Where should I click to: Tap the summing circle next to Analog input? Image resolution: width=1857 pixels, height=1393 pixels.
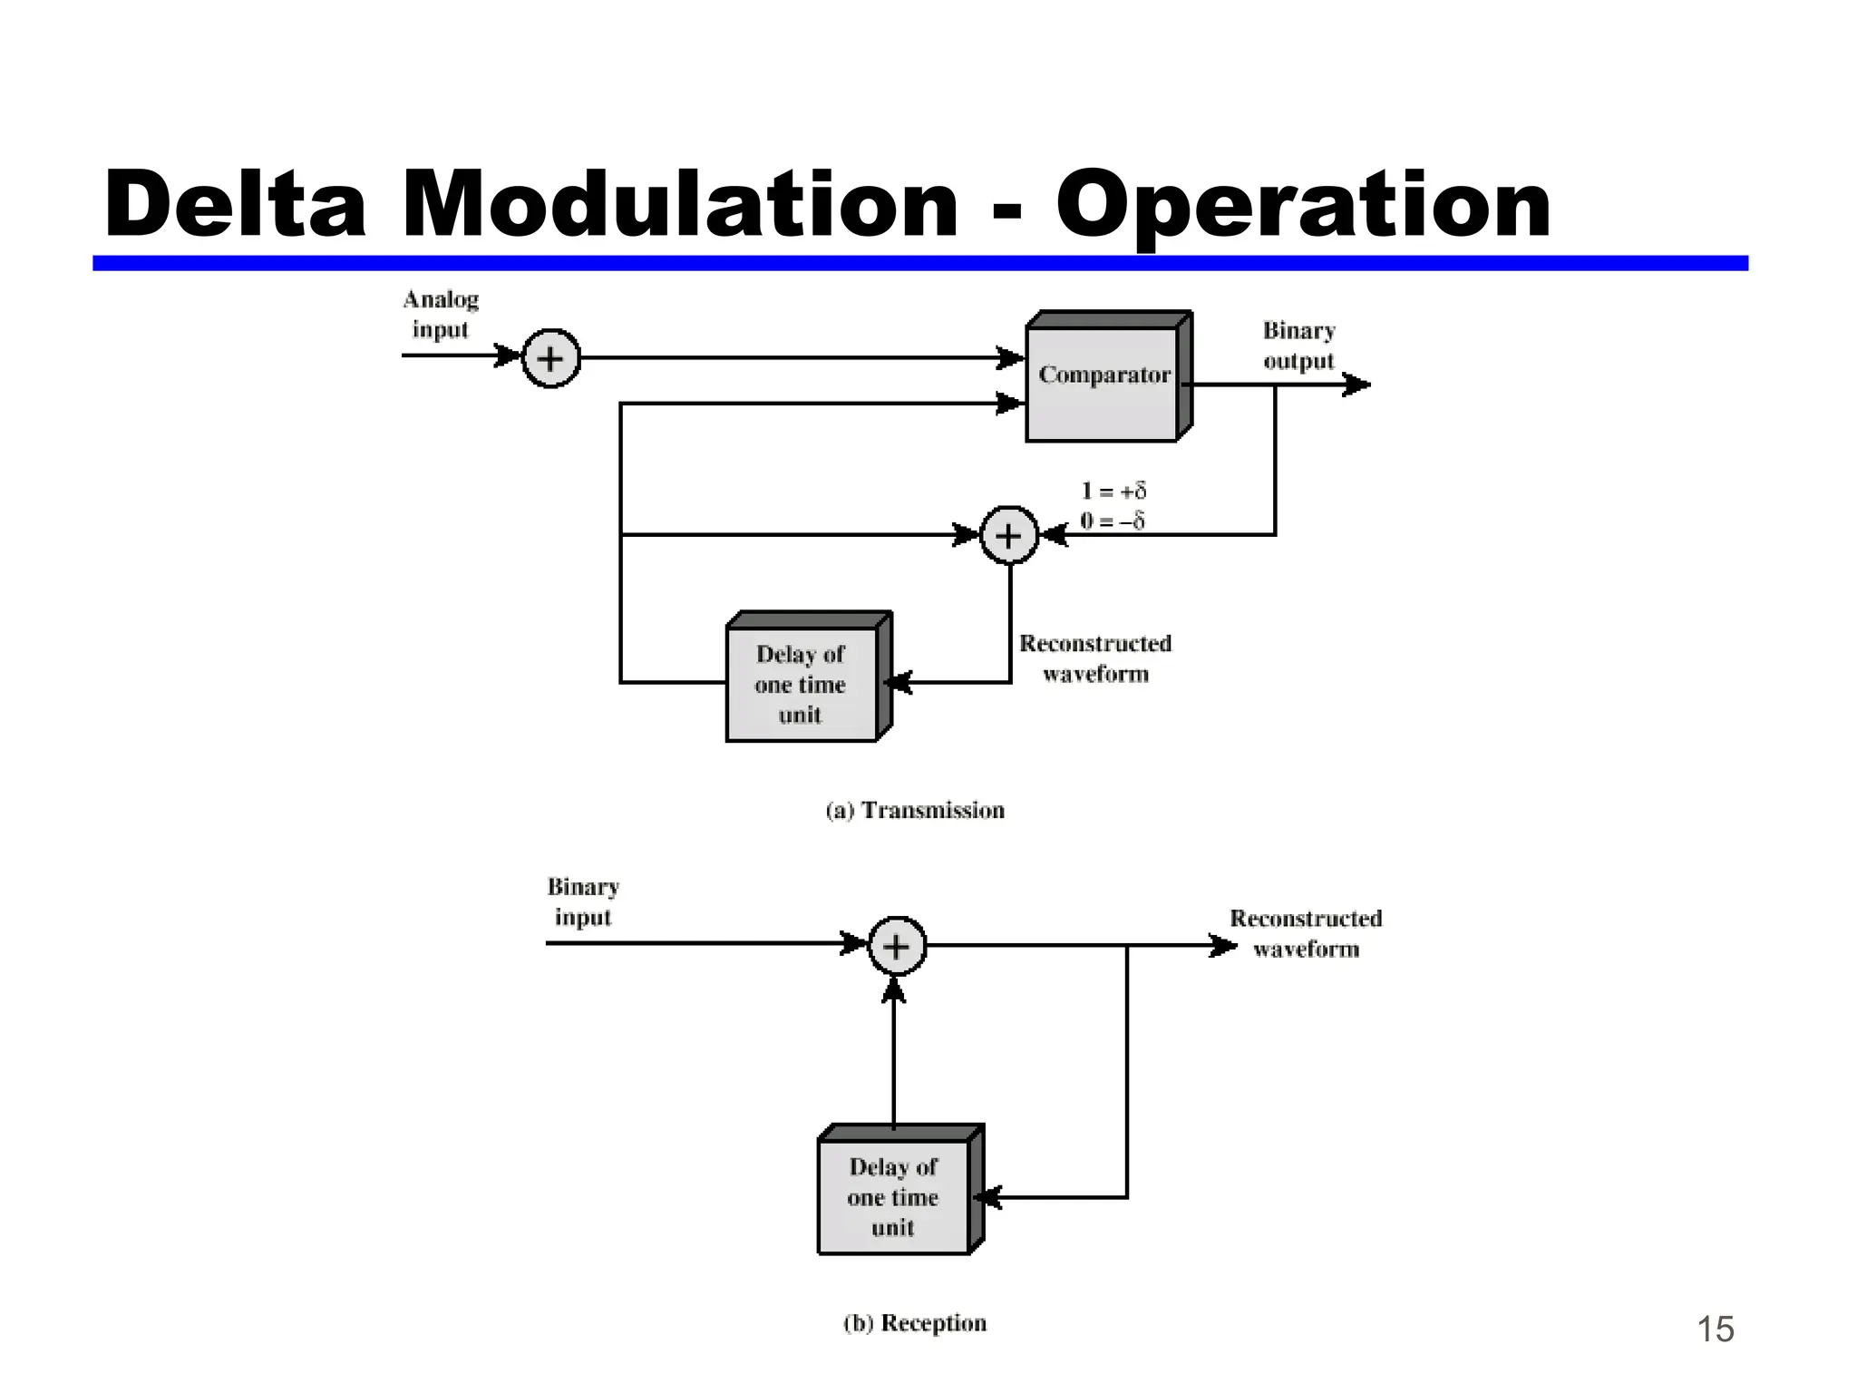pos(550,359)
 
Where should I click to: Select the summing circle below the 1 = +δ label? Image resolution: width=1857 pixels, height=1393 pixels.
pos(1008,535)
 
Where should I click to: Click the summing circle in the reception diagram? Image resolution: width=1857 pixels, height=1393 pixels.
pos(896,946)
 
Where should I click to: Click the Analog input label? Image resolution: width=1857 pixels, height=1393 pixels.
pos(441,314)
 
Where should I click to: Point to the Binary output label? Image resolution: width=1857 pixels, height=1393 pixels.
pos(1298,346)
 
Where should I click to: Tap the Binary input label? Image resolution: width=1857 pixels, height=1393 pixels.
pos(583,901)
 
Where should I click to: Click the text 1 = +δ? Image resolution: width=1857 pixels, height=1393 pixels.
pos(1113,491)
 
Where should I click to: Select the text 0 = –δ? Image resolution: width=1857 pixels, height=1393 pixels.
pos(1113,521)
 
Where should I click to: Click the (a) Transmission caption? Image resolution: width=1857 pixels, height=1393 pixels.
pos(915,810)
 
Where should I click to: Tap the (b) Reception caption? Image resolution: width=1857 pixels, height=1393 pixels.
pos(915,1323)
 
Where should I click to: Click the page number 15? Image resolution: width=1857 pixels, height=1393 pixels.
pos(1715,1329)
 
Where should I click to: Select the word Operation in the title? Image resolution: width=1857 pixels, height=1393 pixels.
pos(1303,207)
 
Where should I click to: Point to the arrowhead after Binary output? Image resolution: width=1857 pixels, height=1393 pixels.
pos(1357,385)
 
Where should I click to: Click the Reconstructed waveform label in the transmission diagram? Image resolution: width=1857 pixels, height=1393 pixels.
pos(1095,658)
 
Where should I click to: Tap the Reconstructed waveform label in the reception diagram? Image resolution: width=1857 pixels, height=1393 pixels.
pos(1306,933)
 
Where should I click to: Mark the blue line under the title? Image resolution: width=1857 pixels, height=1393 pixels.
pos(919,263)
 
